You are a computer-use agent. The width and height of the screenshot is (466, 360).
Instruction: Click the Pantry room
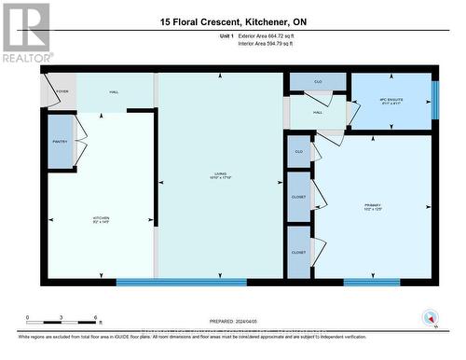click(x=60, y=142)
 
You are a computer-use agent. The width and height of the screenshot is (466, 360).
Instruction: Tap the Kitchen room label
click(x=101, y=219)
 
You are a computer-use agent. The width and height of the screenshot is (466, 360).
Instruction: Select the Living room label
click(x=220, y=174)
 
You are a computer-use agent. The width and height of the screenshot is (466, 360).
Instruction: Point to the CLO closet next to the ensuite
click(x=318, y=83)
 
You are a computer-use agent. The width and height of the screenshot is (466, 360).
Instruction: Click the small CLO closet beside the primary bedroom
click(x=299, y=151)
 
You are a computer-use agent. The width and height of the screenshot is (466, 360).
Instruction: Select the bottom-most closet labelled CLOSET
click(x=299, y=252)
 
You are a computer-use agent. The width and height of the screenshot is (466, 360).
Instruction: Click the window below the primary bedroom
click(x=371, y=282)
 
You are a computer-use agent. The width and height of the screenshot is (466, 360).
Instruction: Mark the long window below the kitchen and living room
click(x=181, y=282)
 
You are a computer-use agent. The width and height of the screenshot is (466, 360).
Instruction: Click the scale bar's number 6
click(x=97, y=318)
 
